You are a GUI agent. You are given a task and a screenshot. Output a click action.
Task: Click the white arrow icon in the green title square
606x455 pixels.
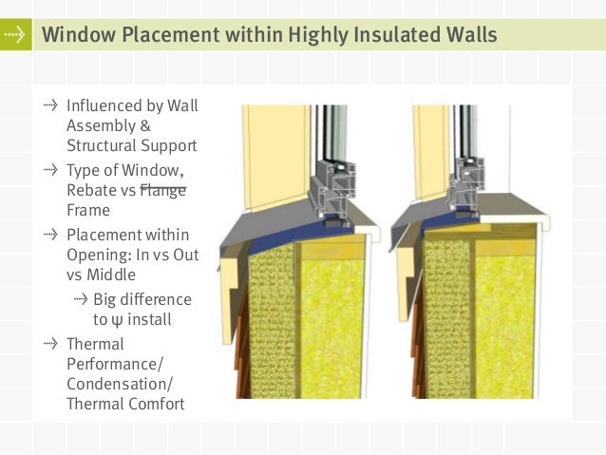coord(14,35)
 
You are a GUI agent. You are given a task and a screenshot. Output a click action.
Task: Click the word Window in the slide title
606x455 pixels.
coord(79,34)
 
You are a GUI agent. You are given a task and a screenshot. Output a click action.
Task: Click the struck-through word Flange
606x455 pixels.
coord(162,190)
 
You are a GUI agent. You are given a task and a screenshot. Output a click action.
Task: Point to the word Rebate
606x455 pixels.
coord(91,190)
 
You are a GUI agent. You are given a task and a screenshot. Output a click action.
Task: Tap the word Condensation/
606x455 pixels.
coord(120,385)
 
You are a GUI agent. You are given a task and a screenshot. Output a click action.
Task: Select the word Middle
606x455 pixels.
coord(111,275)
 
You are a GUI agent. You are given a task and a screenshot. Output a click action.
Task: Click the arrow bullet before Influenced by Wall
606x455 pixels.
coord(50,105)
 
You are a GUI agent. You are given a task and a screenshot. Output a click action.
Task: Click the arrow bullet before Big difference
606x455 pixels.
coord(81,299)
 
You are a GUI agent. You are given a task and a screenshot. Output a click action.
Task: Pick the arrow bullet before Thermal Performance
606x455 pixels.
coord(50,343)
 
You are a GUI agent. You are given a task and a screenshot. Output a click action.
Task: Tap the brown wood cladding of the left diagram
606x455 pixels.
coord(241,348)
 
